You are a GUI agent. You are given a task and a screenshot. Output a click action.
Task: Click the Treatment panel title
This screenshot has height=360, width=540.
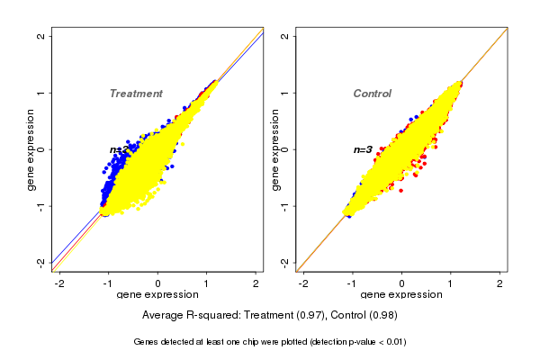point(136,94)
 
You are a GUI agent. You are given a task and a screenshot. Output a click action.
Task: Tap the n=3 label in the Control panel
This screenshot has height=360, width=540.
point(363,149)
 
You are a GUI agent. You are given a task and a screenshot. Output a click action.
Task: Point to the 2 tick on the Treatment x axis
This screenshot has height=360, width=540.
point(256,283)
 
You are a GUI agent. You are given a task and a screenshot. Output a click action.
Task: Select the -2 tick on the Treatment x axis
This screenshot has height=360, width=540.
point(59,283)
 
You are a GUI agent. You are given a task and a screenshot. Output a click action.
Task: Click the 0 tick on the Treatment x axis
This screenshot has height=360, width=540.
point(158,283)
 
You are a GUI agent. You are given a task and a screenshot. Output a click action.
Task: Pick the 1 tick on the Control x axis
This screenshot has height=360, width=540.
point(451,283)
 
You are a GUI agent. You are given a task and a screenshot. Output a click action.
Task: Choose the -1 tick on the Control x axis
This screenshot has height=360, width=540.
point(353,283)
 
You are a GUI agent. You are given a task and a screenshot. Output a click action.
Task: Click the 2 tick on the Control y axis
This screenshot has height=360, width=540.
point(285,36)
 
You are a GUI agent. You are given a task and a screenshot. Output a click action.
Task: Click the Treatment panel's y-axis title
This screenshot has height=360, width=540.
point(31,149)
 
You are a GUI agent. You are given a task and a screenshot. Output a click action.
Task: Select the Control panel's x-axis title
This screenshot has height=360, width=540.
point(401,295)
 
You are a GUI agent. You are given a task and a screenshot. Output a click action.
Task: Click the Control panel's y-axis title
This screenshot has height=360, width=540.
point(274,149)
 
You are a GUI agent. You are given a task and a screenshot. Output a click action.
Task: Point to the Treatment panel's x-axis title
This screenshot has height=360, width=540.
point(158,295)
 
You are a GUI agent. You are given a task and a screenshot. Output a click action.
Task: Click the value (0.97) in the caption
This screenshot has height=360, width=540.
point(303,316)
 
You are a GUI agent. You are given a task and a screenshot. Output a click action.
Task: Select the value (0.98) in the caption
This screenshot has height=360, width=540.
point(381,316)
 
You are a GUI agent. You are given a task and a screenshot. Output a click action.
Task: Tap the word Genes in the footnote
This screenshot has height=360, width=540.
point(148,342)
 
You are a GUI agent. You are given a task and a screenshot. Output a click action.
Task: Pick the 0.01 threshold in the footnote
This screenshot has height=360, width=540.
point(393,342)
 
